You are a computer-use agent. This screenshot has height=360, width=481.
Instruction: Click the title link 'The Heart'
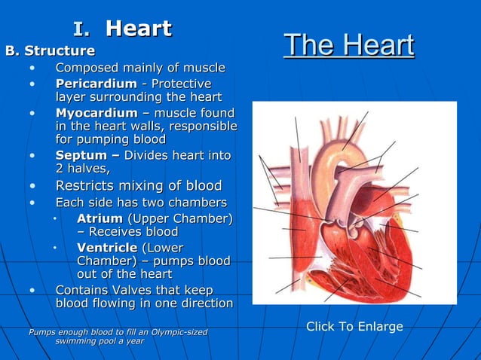coord(348,45)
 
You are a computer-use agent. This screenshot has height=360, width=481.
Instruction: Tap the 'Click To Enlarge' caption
coord(354,327)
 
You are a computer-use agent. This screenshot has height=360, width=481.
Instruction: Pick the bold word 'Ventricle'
coord(107,247)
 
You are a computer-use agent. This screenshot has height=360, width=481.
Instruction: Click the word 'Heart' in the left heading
coord(139,29)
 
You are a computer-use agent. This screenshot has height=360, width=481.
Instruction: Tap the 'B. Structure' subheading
coord(51,51)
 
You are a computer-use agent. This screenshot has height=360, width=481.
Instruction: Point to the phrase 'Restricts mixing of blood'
coord(139,185)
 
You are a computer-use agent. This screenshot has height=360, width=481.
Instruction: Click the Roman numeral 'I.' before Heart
coord(82,29)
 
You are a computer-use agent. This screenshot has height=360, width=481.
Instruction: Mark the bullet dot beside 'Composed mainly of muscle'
coord(32,69)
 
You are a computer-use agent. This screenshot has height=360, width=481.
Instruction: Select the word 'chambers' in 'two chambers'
coord(198,203)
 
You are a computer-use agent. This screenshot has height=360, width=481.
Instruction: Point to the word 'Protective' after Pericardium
coord(180,83)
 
